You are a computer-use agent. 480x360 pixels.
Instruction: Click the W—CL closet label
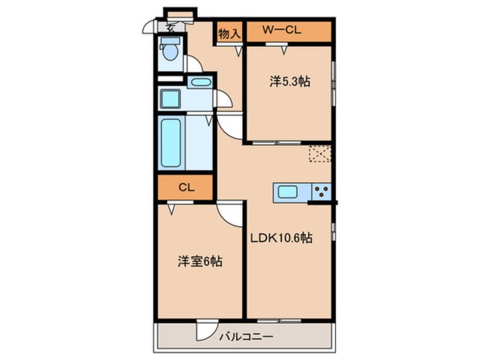(x=281, y=31)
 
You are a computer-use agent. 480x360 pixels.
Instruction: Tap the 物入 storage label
(x=229, y=33)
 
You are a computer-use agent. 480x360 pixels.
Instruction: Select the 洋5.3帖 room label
(x=289, y=82)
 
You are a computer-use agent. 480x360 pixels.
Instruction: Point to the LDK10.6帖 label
(x=281, y=238)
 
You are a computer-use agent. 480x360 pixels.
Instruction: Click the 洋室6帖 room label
(x=200, y=262)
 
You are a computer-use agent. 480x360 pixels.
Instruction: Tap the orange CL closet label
(x=186, y=188)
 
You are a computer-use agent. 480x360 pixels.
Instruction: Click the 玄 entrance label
(x=170, y=26)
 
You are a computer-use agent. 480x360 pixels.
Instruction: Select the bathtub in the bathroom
(x=170, y=143)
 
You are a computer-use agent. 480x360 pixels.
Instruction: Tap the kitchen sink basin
(x=288, y=192)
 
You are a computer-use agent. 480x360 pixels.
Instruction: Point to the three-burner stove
(x=321, y=192)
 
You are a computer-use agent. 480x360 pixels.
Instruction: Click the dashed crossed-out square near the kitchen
(x=319, y=154)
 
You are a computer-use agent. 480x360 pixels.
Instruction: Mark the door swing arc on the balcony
(x=206, y=330)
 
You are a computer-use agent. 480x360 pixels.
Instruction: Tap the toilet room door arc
(x=193, y=64)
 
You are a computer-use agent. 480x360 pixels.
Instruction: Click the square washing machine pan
(x=170, y=99)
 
